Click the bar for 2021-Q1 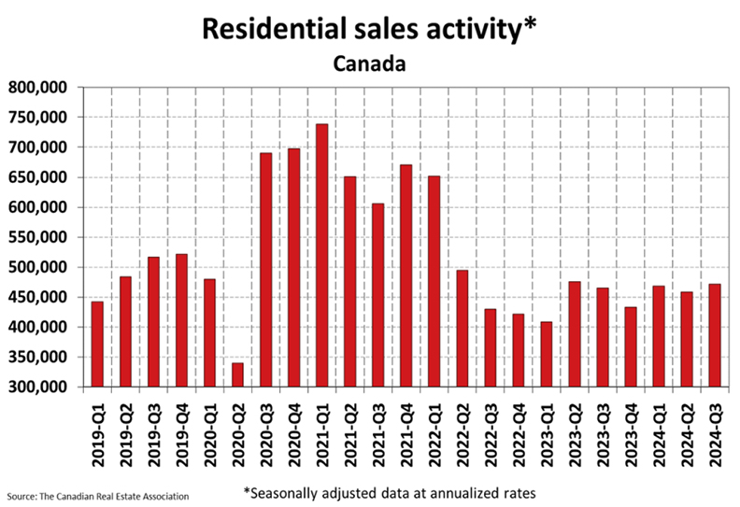tap(321, 255)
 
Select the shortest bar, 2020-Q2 tap(238, 375)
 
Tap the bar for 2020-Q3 tap(265, 270)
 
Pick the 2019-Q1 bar tap(97, 345)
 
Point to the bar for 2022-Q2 tap(462, 329)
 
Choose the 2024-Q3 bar tap(715, 335)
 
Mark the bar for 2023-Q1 tap(547, 354)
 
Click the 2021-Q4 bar tap(406, 275)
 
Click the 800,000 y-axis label tap(37, 87)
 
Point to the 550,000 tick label tap(37, 237)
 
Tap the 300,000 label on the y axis tap(37, 387)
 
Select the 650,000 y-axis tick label tap(37, 177)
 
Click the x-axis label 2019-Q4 tap(181, 435)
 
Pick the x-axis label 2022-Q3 tap(491, 435)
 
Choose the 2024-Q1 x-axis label tap(659, 435)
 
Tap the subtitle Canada tap(369, 63)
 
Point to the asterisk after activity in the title tap(530, 23)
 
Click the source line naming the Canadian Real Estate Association tap(98, 497)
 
